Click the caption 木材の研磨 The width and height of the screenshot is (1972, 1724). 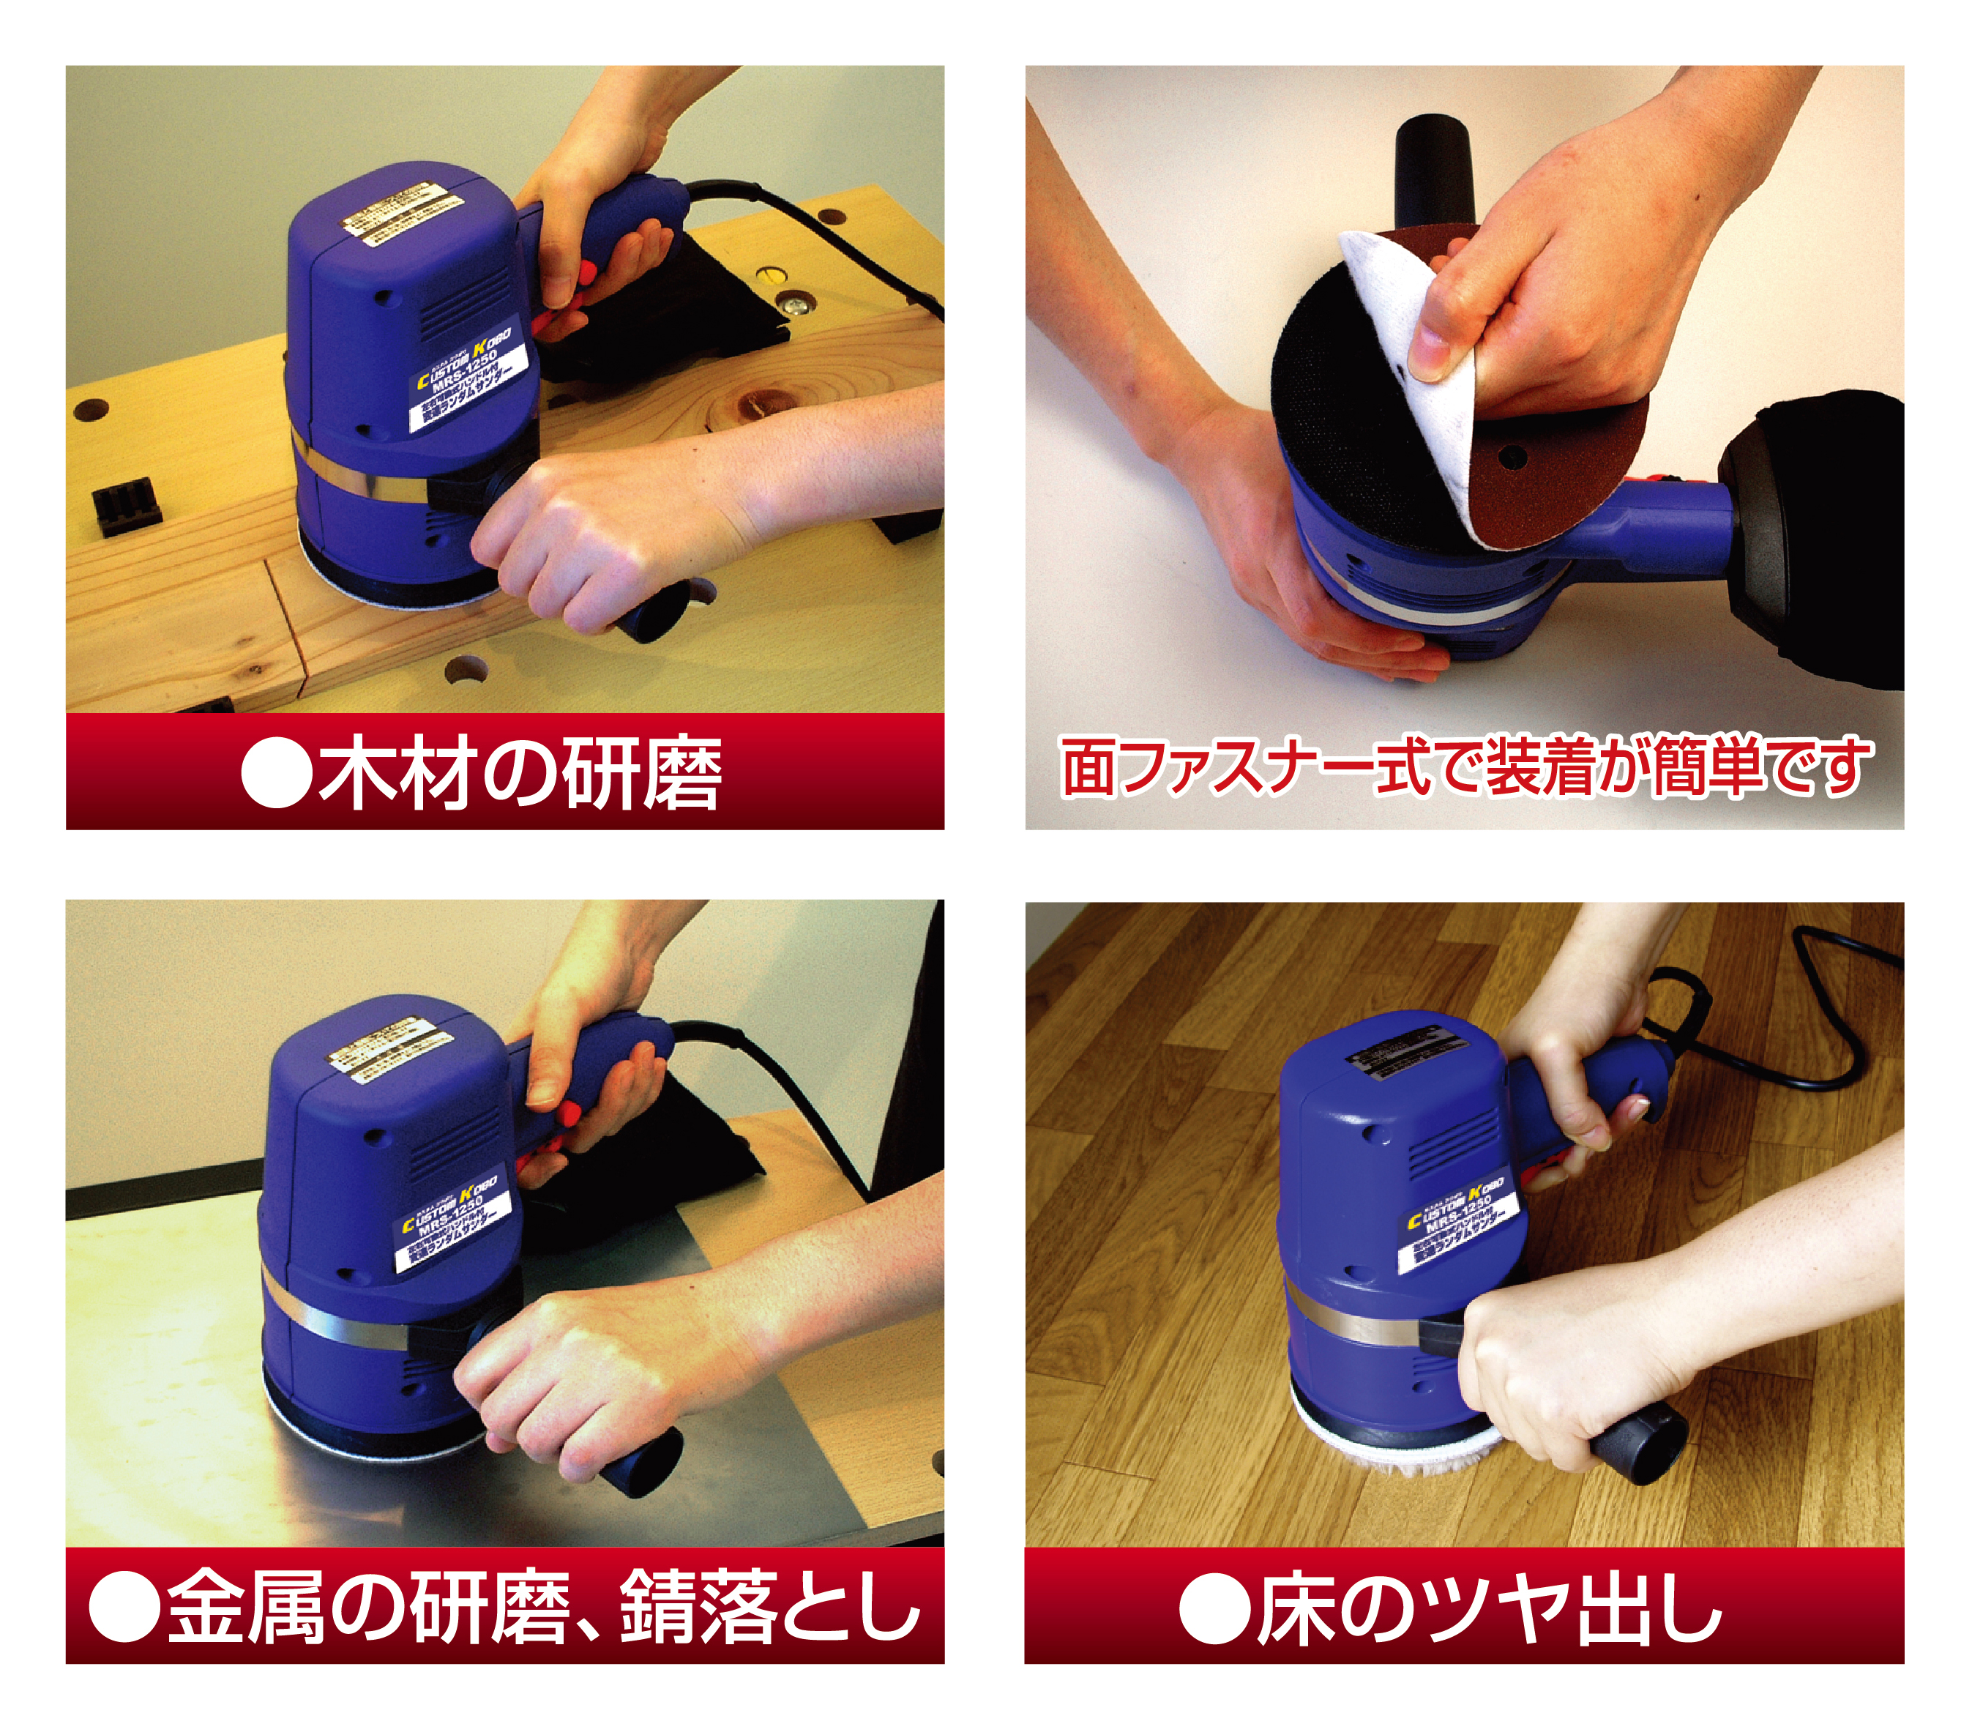(520, 772)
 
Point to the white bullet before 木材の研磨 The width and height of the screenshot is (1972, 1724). (277, 772)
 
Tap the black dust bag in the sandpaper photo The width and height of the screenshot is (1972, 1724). (1818, 539)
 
